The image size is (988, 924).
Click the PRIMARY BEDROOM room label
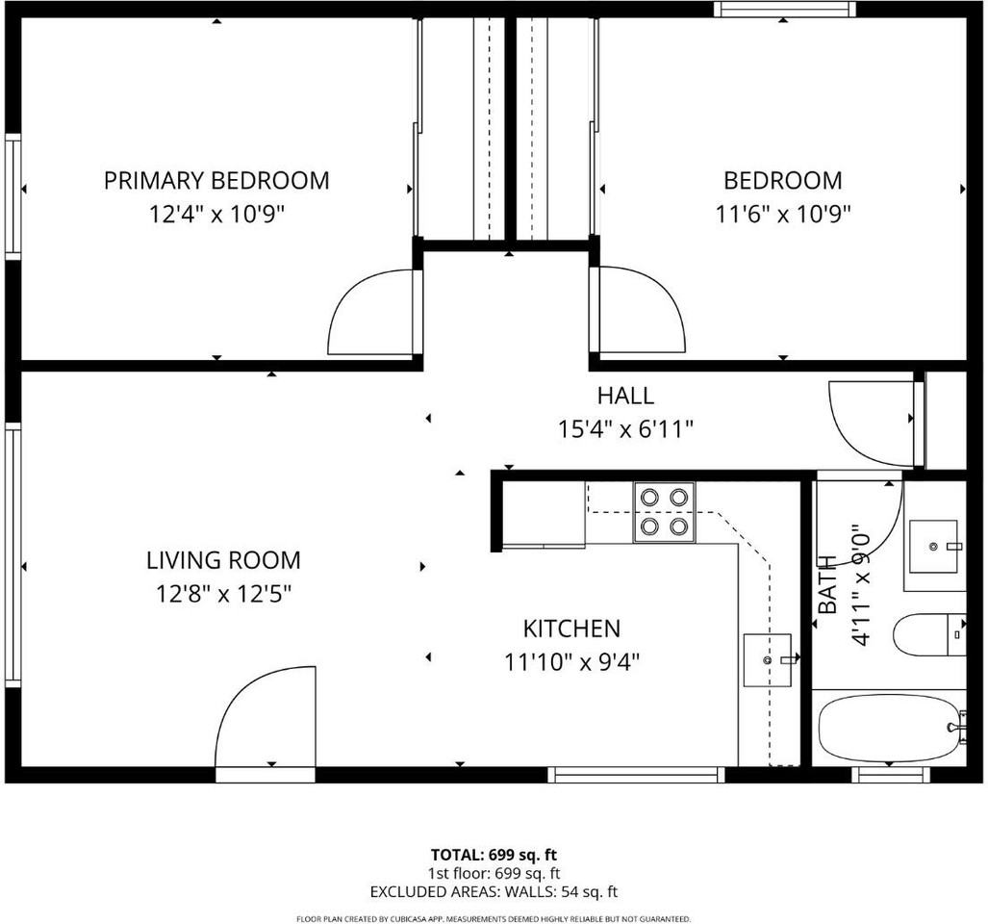pyautogui.click(x=216, y=180)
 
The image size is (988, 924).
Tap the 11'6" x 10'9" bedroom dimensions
pyautogui.click(x=782, y=215)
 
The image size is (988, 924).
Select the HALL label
pyautogui.click(x=625, y=396)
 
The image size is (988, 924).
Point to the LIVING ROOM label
pyautogui.click(x=224, y=560)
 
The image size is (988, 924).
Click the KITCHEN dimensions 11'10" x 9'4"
pyautogui.click(x=572, y=662)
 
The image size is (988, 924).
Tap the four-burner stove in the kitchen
pyautogui.click(x=665, y=512)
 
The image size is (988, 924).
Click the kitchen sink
pyautogui.click(x=768, y=660)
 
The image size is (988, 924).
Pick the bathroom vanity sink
pyautogui.click(x=934, y=546)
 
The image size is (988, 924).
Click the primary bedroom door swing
pyautogui.click(x=371, y=311)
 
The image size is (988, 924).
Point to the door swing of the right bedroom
pyautogui.click(x=642, y=309)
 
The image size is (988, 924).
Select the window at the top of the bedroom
pyautogui.click(x=785, y=9)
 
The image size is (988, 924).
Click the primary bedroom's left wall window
pyautogui.click(x=13, y=196)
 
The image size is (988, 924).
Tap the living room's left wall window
pyautogui.click(x=13, y=555)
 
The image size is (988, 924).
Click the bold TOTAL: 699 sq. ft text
pyautogui.click(x=494, y=856)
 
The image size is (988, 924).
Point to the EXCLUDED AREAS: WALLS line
pyautogui.click(x=494, y=892)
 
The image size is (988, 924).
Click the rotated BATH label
pyautogui.click(x=827, y=584)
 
